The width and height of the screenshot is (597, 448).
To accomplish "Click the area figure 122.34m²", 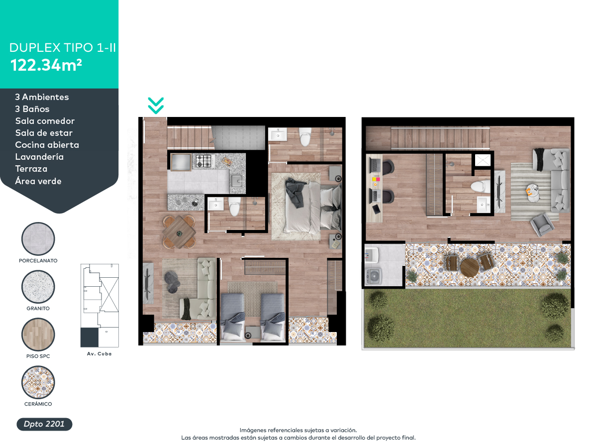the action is click(x=46, y=65).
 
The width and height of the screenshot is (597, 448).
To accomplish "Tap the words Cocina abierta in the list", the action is click(x=47, y=145).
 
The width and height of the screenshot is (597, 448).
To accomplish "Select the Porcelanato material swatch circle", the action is click(x=38, y=239).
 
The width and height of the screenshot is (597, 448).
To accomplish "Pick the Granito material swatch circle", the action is click(x=38, y=287).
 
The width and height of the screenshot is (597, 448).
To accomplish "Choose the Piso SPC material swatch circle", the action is click(x=38, y=335).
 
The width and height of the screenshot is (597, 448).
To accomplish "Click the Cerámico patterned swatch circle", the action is click(x=38, y=382).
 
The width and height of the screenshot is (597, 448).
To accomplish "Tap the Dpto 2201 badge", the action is click(x=44, y=424).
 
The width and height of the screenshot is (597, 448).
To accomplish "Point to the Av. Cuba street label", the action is click(x=99, y=354).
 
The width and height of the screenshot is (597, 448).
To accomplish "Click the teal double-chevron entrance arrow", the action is click(x=156, y=106).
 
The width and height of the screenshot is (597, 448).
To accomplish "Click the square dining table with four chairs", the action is click(x=179, y=232).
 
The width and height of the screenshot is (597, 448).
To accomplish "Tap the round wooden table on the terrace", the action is click(x=470, y=268).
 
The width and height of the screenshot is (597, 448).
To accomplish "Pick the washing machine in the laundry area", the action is click(x=374, y=277).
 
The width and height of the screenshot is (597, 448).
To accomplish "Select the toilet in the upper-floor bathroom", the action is click(x=481, y=187).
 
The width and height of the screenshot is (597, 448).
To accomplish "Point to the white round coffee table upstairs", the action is click(x=532, y=193).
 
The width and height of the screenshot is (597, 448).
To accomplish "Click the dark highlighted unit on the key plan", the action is click(x=90, y=337).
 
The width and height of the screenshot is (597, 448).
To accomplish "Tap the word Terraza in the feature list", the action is click(x=31, y=169).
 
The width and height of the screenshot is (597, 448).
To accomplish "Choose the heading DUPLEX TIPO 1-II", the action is click(x=63, y=48).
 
